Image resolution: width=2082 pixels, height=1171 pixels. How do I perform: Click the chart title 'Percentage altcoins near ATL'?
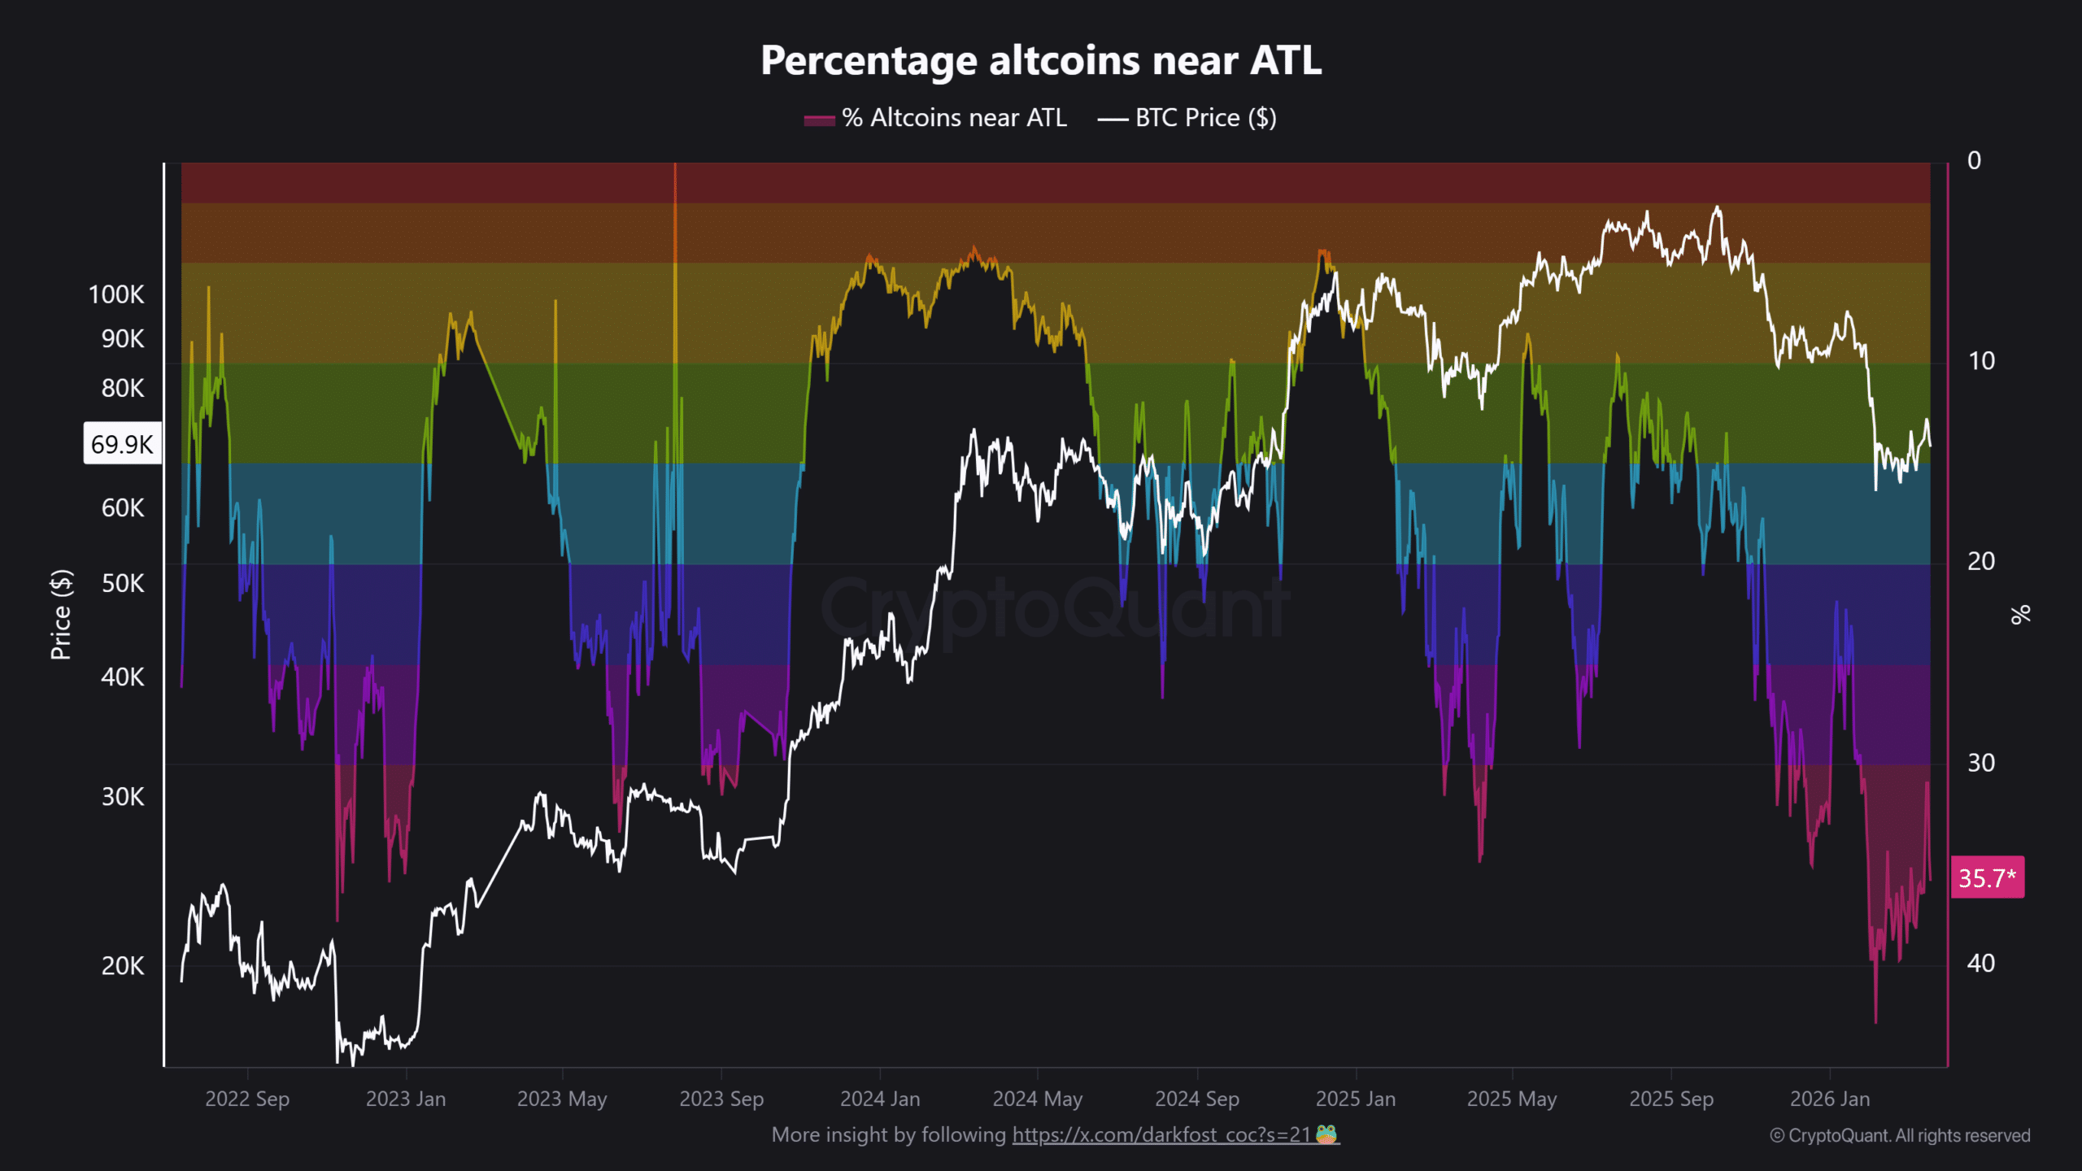pyautogui.click(x=1041, y=60)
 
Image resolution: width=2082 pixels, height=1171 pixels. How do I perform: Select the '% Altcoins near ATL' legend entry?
pyautogui.click(x=935, y=119)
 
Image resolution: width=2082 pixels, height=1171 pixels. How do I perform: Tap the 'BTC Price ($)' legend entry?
pyautogui.click(x=1187, y=119)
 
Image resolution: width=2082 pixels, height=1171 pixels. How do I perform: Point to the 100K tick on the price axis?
pyautogui.click(x=116, y=294)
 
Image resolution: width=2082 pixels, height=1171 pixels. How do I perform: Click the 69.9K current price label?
pyautogui.click(x=122, y=444)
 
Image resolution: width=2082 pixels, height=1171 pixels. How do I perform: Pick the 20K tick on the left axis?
pyautogui.click(x=123, y=965)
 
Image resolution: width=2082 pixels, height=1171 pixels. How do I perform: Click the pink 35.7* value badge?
pyautogui.click(x=1987, y=877)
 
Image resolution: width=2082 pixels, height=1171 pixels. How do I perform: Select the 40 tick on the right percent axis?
pyautogui.click(x=1980, y=964)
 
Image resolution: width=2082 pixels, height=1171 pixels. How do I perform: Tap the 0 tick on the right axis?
pyautogui.click(x=1974, y=161)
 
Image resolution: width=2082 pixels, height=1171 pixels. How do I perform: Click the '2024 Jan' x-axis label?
pyautogui.click(x=880, y=1099)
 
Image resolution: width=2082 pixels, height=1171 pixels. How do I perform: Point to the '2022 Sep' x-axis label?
pyautogui.click(x=247, y=1099)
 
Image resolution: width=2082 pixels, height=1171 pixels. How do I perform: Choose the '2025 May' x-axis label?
pyautogui.click(x=1512, y=1099)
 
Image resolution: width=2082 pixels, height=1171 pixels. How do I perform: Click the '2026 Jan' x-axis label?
pyautogui.click(x=1830, y=1099)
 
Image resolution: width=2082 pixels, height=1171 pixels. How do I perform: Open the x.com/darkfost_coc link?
pyautogui.click(x=1161, y=1134)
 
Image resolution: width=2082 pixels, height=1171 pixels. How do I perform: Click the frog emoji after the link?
pyautogui.click(x=1326, y=1134)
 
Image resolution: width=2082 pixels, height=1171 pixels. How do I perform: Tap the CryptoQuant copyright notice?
pyautogui.click(x=1900, y=1135)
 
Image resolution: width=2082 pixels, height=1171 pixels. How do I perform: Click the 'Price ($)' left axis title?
pyautogui.click(x=61, y=614)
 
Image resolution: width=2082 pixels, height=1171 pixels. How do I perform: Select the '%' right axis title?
pyautogui.click(x=2020, y=614)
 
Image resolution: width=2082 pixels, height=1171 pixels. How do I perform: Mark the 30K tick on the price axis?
pyautogui.click(x=123, y=796)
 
